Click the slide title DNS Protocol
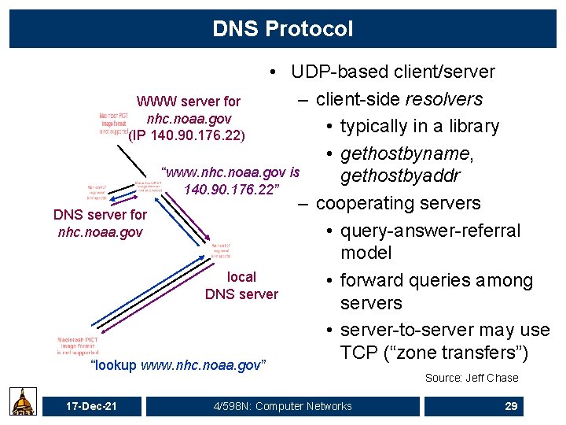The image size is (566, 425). click(282, 29)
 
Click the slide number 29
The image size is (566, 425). click(511, 406)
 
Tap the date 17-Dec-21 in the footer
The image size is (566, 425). click(91, 406)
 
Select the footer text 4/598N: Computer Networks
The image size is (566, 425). click(282, 406)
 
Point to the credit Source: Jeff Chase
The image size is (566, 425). click(472, 378)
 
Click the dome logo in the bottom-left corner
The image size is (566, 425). click(21, 401)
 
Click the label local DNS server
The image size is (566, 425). click(241, 286)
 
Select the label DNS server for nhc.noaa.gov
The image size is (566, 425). click(99, 223)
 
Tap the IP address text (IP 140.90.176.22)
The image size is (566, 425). click(187, 135)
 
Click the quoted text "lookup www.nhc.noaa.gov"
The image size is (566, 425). click(178, 366)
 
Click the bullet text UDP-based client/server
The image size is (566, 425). click(392, 72)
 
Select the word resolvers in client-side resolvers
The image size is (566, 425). click(443, 99)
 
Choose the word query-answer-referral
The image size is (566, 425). click(430, 231)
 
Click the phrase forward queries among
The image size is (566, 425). click(436, 280)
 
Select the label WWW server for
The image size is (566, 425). click(189, 102)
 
